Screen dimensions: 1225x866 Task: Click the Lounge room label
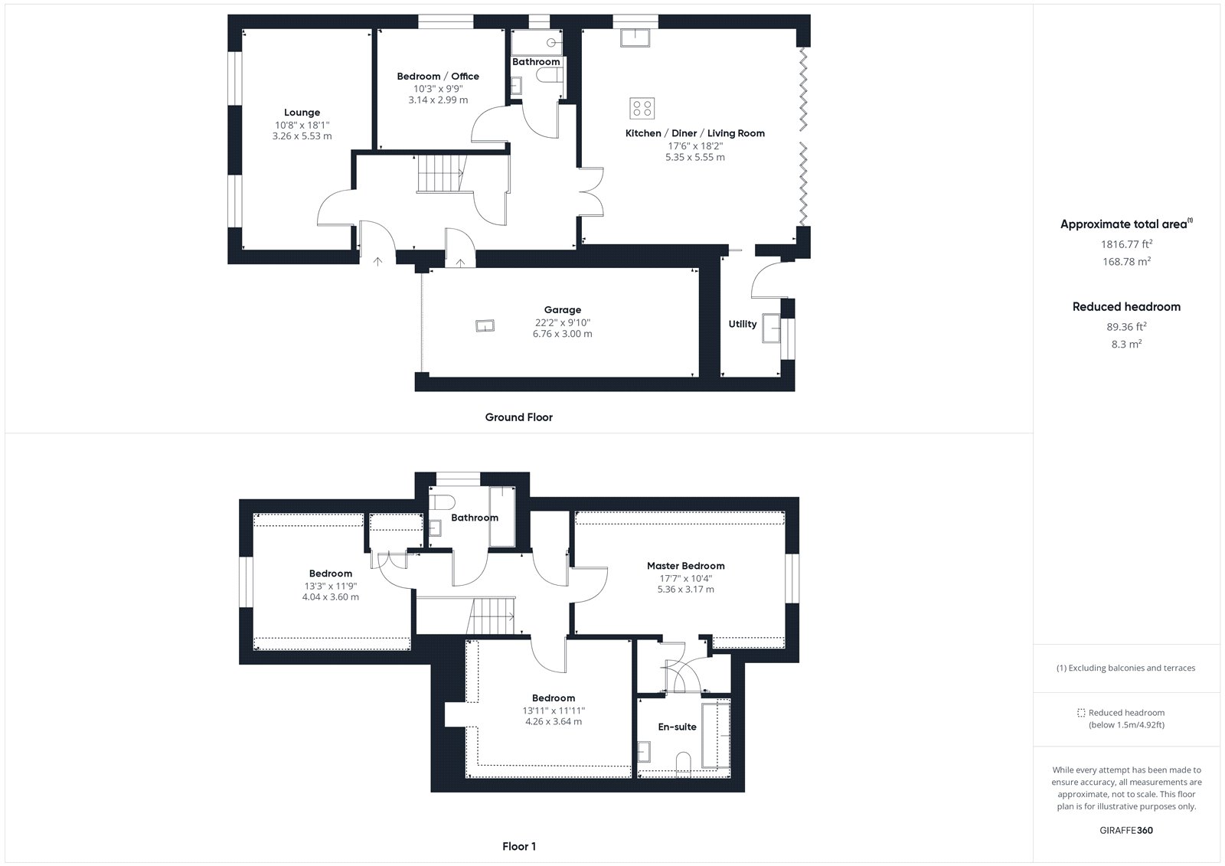coord(302,113)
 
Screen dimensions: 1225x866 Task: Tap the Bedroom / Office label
coord(438,77)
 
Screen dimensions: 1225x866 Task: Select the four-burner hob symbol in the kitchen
coord(642,108)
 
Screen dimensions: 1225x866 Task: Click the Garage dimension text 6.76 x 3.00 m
coord(562,334)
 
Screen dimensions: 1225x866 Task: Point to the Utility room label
coord(742,324)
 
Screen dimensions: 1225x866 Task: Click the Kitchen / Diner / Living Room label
coord(695,133)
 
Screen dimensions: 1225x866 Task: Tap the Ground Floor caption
coord(519,417)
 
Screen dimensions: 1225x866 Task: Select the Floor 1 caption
coord(519,846)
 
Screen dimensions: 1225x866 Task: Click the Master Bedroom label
coord(686,566)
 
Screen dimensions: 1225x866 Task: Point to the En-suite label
coord(677,727)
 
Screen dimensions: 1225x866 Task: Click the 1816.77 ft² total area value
coord(1126,244)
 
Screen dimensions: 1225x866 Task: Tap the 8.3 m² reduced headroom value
coord(1126,344)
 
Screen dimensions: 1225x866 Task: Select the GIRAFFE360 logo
coord(1126,831)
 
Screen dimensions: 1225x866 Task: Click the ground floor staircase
coord(441,173)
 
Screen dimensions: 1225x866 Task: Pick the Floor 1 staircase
coord(491,616)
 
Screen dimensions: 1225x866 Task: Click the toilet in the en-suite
coord(684,764)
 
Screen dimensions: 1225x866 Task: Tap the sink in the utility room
coord(772,328)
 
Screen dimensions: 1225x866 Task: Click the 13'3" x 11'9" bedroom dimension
coord(331,586)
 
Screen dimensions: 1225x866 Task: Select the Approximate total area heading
coord(1126,224)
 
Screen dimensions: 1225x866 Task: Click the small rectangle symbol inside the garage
coord(485,326)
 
